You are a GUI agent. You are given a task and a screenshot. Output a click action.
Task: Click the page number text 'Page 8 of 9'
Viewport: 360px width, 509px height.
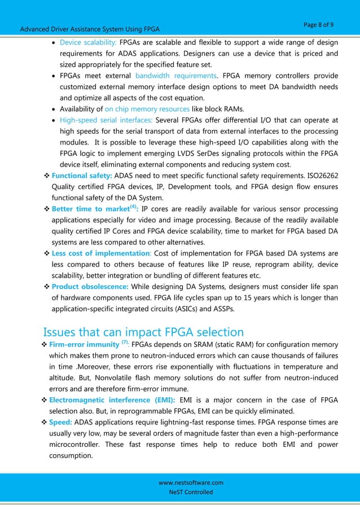click(x=318, y=25)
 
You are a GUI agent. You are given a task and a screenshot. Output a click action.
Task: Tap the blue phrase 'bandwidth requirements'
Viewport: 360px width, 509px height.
click(x=175, y=76)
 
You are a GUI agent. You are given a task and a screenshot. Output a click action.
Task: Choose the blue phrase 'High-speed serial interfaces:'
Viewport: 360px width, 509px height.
click(x=106, y=120)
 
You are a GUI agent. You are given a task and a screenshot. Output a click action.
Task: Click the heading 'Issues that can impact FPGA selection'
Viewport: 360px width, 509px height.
click(x=143, y=332)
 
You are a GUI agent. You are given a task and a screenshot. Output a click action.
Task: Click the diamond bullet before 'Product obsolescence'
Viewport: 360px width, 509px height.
click(x=47, y=286)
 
